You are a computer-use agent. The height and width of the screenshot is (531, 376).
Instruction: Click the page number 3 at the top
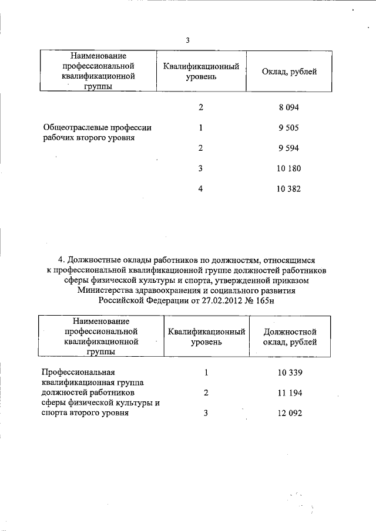[x=187, y=40]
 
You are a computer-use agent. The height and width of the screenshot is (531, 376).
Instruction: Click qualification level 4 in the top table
[x=200, y=190]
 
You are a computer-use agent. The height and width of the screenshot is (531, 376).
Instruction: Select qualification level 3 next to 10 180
[x=200, y=169]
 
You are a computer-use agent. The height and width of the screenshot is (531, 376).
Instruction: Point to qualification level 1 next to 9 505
[x=201, y=128]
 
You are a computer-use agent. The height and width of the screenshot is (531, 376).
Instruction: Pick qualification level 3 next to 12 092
[x=206, y=413]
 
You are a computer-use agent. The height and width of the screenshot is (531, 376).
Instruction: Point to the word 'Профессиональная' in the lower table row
[x=78, y=373]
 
